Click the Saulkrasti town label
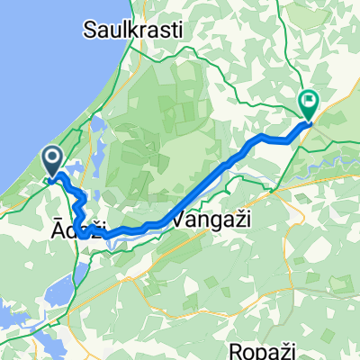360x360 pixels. [x=133, y=31]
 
